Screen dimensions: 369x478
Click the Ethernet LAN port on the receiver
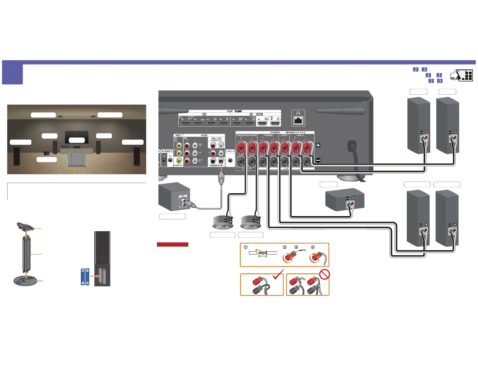(x=298, y=121)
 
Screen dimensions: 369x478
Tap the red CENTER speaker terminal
(x=285, y=148)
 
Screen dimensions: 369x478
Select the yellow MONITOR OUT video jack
(x=179, y=161)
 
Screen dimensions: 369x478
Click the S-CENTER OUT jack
(x=231, y=161)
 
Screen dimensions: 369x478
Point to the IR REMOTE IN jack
(x=164, y=160)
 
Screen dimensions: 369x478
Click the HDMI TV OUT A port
(x=275, y=123)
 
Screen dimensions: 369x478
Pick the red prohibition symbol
(x=324, y=274)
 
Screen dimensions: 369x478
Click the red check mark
(x=278, y=275)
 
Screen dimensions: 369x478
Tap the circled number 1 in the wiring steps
(x=246, y=247)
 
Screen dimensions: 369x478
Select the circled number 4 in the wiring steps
(x=313, y=247)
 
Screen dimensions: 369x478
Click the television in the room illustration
(x=77, y=137)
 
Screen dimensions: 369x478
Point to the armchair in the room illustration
(x=77, y=159)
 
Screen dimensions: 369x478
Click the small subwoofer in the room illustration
(x=46, y=153)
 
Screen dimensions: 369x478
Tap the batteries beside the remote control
(x=85, y=276)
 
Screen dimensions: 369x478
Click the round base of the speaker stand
(x=26, y=280)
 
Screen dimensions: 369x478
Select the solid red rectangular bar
(x=172, y=244)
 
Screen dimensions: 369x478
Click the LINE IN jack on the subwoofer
(x=184, y=200)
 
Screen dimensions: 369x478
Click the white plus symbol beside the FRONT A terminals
(x=318, y=145)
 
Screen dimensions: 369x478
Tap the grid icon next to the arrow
(x=468, y=75)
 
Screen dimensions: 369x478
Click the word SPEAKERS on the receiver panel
(x=275, y=133)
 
